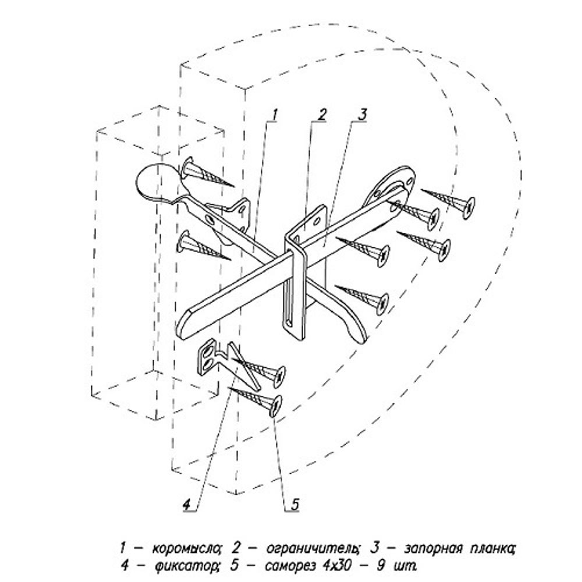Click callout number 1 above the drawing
[x=274, y=115]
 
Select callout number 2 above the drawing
[x=321, y=115]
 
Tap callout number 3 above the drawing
[x=362, y=115]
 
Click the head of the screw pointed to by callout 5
[x=276, y=406]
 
